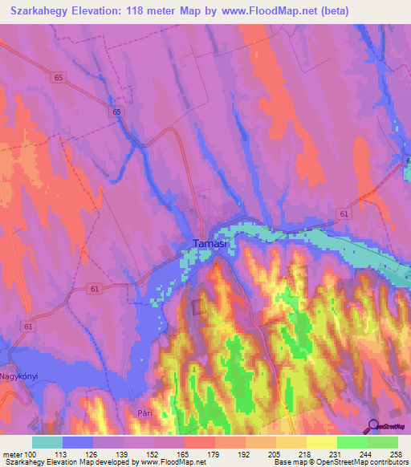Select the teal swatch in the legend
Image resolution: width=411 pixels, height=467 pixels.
coord(47,441)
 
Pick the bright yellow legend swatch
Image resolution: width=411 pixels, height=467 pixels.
coord(321,441)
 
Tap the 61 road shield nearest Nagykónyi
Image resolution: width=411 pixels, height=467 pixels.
coord(29,327)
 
